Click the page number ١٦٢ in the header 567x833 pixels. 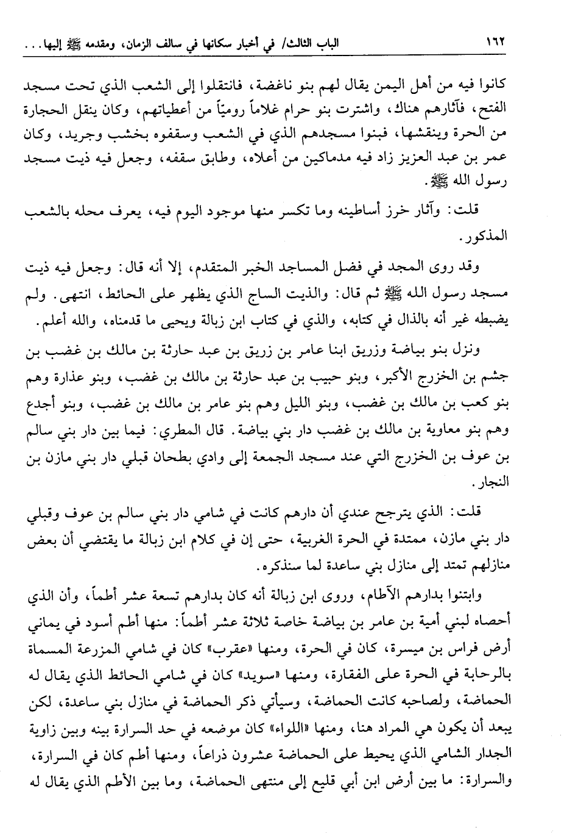(x=496, y=44)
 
